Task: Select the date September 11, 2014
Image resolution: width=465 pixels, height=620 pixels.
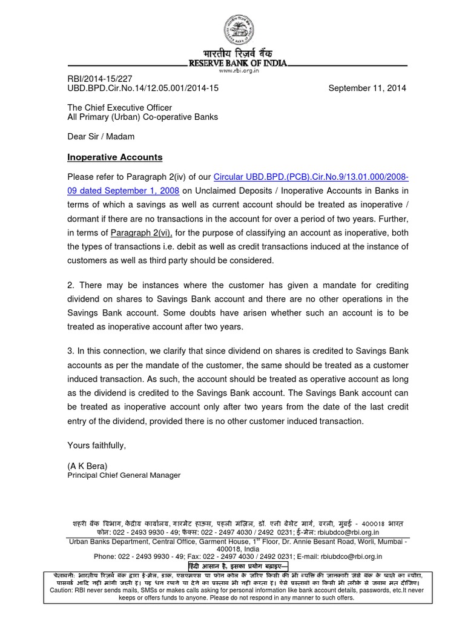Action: (368, 88)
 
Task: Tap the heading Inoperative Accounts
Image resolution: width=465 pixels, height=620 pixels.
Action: (114, 157)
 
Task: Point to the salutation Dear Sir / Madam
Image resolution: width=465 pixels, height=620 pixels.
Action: (101, 136)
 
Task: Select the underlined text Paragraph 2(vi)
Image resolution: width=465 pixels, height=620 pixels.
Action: (141, 232)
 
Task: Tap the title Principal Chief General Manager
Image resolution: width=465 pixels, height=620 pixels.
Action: (124, 475)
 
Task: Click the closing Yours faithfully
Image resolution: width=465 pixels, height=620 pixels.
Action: (96, 445)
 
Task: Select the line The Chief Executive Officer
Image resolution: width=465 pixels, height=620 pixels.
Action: (115, 107)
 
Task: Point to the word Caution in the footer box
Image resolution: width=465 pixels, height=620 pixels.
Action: (61, 590)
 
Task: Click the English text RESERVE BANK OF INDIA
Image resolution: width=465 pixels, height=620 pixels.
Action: (239, 63)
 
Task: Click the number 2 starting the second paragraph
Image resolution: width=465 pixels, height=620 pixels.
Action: (69, 285)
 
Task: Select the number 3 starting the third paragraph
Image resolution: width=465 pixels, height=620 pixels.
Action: (69, 352)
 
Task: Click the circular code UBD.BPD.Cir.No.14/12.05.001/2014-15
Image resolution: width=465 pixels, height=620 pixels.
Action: (142, 88)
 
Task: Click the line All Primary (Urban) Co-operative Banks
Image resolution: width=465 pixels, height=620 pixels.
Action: (142, 117)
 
